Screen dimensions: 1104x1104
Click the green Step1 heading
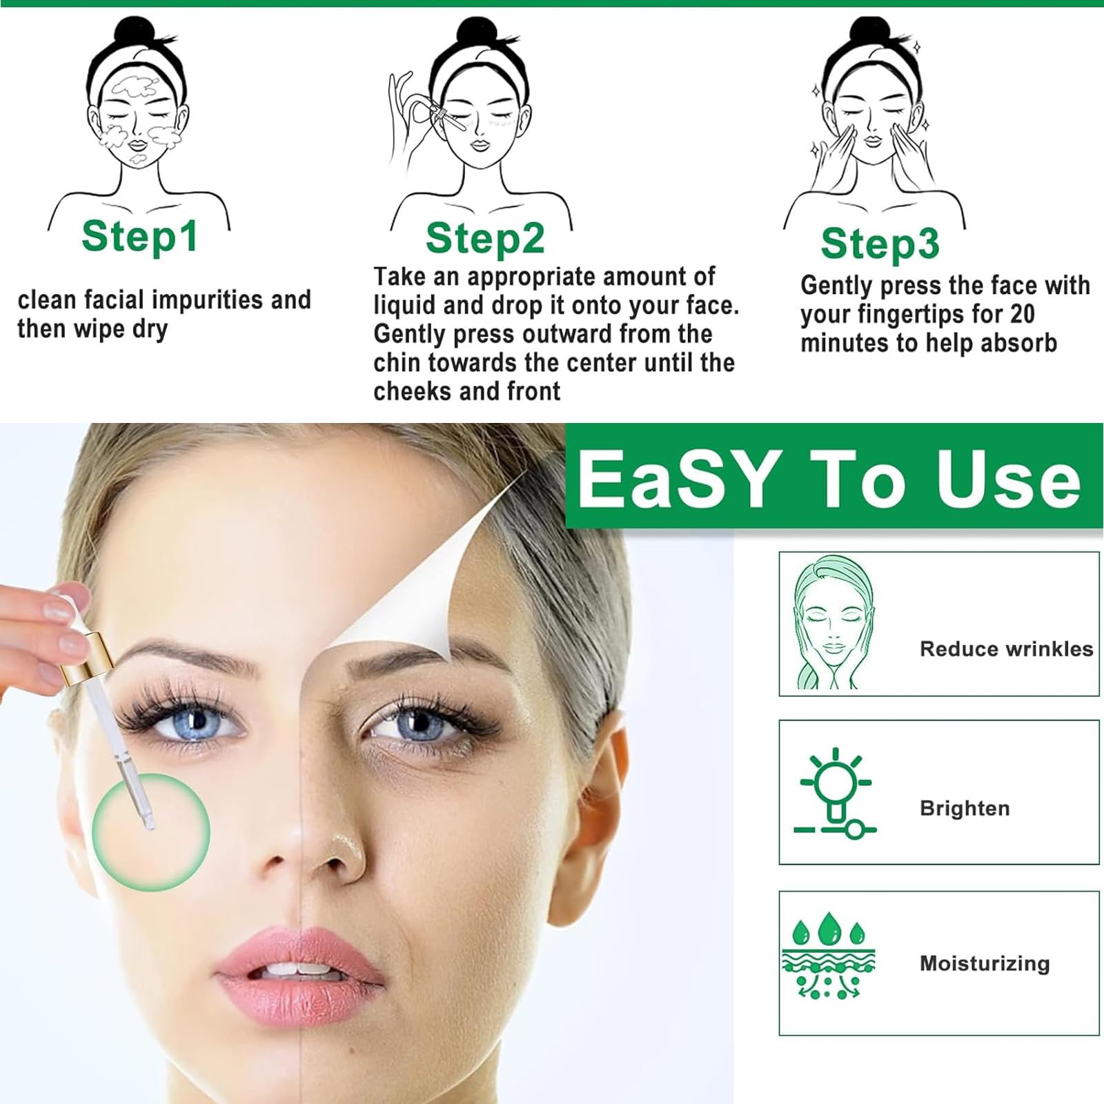(x=140, y=237)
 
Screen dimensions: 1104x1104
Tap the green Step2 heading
(x=485, y=239)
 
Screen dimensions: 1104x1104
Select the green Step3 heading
(x=880, y=244)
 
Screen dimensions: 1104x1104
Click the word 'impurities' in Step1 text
(x=208, y=300)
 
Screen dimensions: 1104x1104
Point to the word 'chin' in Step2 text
(x=397, y=362)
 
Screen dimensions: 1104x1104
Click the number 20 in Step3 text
(x=1021, y=315)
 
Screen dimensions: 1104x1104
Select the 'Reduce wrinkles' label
(x=1007, y=649)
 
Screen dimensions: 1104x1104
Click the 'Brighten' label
(x=965, y=808)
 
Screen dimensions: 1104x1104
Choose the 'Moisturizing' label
(x=985, y=963)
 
